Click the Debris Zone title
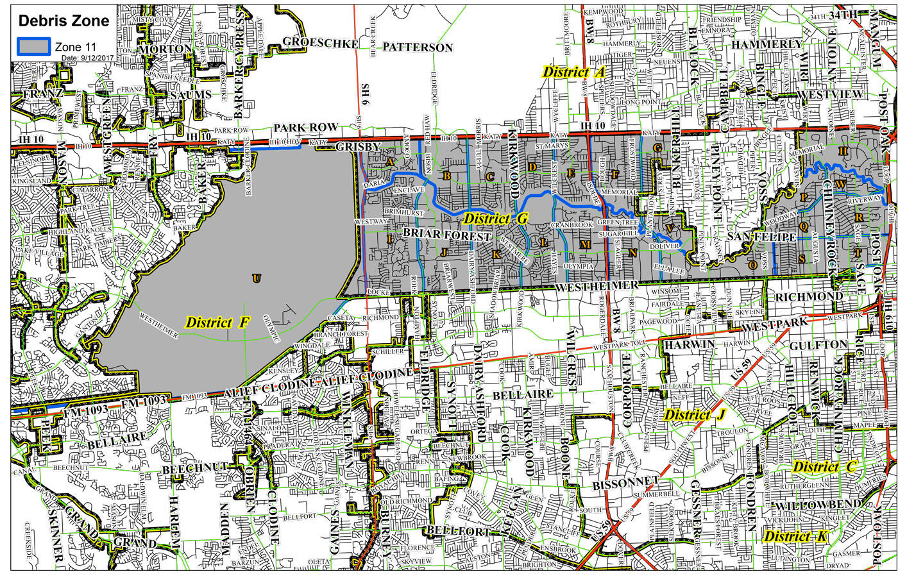64,21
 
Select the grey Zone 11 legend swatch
34,46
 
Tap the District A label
573,72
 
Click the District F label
217,322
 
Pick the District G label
495,219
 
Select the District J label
694,415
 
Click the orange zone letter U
257,278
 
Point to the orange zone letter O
752,264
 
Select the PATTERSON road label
418,47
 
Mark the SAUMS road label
191,95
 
